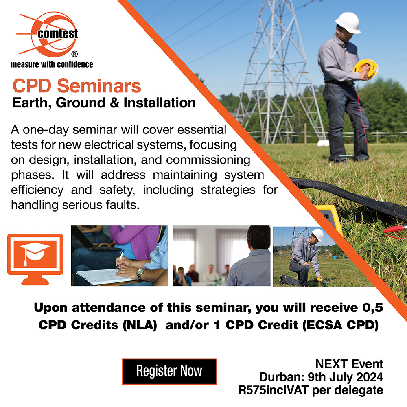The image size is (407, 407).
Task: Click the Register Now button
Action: coord(169,371)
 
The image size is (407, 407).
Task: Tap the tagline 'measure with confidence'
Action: coord(52,64)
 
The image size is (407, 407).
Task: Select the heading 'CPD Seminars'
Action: coord(77,86)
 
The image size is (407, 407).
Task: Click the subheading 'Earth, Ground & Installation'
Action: coord(104,103)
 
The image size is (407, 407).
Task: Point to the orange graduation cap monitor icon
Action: coord(35,254)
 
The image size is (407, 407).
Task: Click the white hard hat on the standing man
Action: coord(348,22)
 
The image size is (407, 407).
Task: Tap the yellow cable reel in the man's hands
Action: coord(365,68)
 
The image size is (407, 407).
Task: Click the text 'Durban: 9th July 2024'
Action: coord(321,377)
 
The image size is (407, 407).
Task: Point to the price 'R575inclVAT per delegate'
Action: coord(311,390)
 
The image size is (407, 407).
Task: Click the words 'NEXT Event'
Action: coord(349,363)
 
